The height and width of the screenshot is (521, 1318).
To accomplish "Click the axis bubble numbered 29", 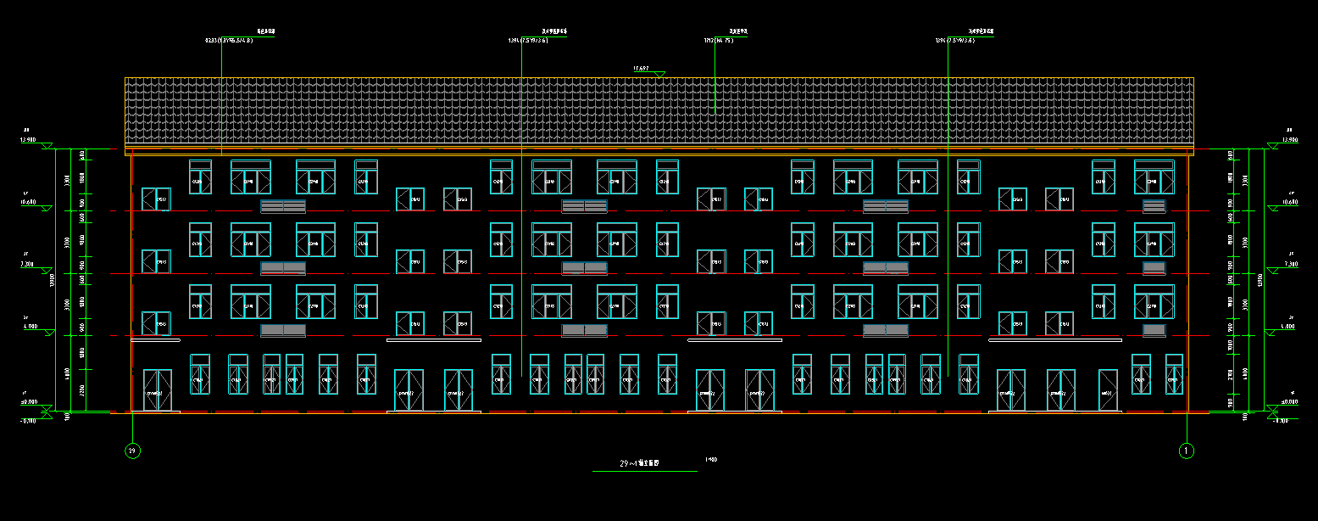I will point(132,451).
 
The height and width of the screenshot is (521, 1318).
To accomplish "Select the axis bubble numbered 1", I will point(1186,451).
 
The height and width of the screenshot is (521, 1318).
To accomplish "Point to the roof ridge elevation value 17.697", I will point(641,68).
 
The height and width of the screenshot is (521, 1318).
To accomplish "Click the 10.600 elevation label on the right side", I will point(1288,202).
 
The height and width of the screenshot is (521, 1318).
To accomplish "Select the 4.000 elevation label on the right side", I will point(1288,326).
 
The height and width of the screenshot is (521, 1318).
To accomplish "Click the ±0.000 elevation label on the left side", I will point(30,402).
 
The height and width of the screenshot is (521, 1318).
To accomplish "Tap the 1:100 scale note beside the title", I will point(710,460).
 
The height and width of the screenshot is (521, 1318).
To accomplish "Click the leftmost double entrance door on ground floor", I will point(157,390).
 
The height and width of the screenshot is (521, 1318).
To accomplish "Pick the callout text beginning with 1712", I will point(717,40).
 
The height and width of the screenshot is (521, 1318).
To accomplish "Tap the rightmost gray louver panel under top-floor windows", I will point(1154,206).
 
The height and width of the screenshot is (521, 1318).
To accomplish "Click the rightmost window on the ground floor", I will point(1174,374).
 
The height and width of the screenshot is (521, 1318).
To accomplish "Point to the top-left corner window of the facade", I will point(200,176).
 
